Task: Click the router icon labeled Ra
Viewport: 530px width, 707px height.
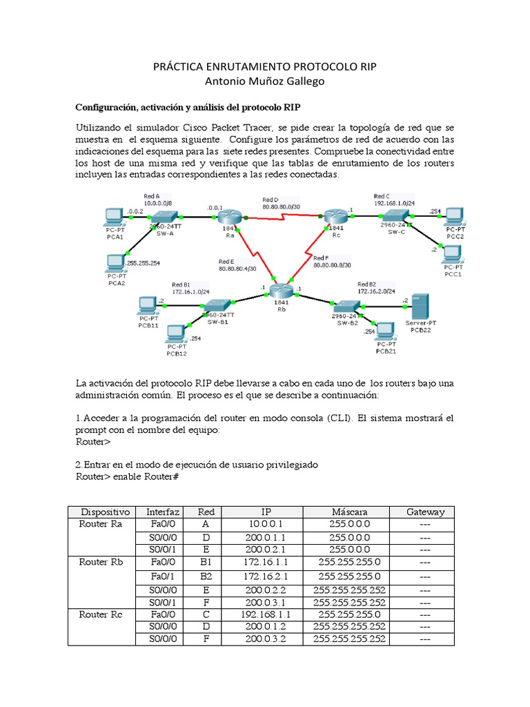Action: point(228,217)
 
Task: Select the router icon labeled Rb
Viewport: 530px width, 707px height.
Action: point(281,293)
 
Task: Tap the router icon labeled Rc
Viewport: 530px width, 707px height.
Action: point(337,216)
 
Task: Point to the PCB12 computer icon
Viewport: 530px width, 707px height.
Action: point(175,335)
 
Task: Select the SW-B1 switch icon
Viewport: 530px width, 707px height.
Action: point(217,305)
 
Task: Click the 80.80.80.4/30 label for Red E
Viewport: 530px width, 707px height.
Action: point(236,269)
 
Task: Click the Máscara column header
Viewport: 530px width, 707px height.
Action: point(349,512)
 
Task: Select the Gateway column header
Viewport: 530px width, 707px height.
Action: point(425,512)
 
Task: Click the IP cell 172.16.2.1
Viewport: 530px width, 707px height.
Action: point(265,576)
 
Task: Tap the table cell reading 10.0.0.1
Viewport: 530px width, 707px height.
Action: point(265,524)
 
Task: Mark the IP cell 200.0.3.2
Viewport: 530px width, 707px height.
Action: point(265,639)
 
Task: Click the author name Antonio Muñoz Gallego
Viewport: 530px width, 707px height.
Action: point(265,81)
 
